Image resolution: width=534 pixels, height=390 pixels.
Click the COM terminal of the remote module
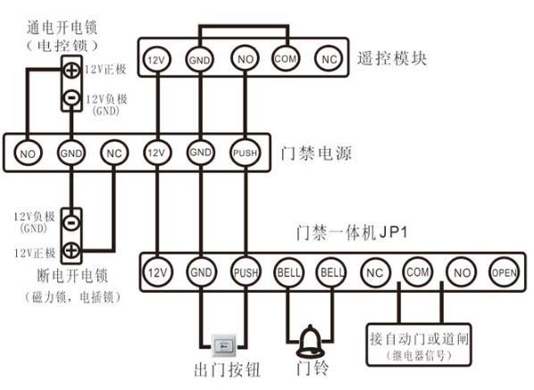[x=286, y=59]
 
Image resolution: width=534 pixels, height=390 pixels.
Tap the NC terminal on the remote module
[x=329, y=59]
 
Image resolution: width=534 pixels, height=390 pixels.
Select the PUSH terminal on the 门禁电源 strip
[x=245, y=153]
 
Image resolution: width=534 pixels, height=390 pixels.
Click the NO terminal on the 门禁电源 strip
[x=28, y=154]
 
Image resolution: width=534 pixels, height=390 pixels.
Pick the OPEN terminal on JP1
[x=505, y=272]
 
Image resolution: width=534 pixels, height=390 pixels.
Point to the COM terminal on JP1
[x=418, y=271]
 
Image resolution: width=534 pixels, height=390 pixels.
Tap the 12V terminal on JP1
[x=157, y=272]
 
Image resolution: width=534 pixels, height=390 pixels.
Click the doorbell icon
[x=310, y=341]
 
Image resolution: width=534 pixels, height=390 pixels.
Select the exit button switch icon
[x=223, y=345]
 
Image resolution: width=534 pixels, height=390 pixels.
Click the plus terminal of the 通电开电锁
[x=71, y=71]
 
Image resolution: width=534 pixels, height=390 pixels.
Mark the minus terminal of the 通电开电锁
[x=71, y=98]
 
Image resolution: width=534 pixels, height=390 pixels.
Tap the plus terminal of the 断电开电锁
[x=71, y=251]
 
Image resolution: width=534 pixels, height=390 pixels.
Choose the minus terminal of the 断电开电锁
[x=71, y=223]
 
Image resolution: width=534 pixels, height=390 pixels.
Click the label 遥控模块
[x=392, y=58]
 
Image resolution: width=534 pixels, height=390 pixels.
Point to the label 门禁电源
[x=316, y=154]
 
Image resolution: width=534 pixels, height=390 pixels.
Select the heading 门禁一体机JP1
[x=352, y=233]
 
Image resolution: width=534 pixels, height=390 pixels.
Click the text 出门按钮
[x=227, y=370]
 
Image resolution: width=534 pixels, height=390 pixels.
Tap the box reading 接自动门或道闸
[x=419, y=345]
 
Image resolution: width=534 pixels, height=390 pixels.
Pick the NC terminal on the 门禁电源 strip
[x=114, y=154]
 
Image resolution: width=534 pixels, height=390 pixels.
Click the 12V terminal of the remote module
[x=156, y=60]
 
